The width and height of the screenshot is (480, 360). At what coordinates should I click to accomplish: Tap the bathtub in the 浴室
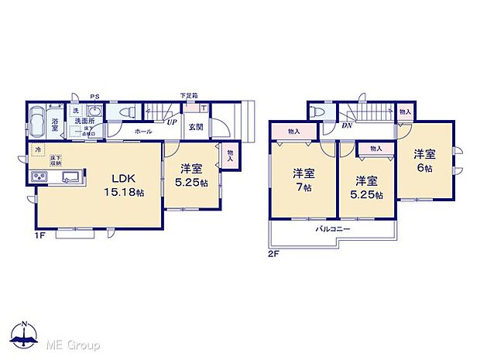pyautogui.click(x=36, y=123)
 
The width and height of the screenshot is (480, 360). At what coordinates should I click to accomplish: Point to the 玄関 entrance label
pyautogui.click(x=194, y=127)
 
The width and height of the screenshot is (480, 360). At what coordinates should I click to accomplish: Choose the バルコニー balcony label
pyautogui.click(x=332, y=230)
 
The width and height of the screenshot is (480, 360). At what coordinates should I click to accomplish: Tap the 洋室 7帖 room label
pyautogui.click(x=303, y=180)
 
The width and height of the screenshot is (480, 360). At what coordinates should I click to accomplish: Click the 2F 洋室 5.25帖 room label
pyautogui.click(x=366, y=188)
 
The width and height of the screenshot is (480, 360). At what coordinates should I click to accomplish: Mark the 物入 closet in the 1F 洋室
pyautogui.click(x=231, y=156)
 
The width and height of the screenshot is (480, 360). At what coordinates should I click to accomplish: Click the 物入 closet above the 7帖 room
pyautogui.click(x=293, y=132)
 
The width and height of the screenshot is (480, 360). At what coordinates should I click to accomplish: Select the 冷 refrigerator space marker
pyautogui.click(x=36, y=149)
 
